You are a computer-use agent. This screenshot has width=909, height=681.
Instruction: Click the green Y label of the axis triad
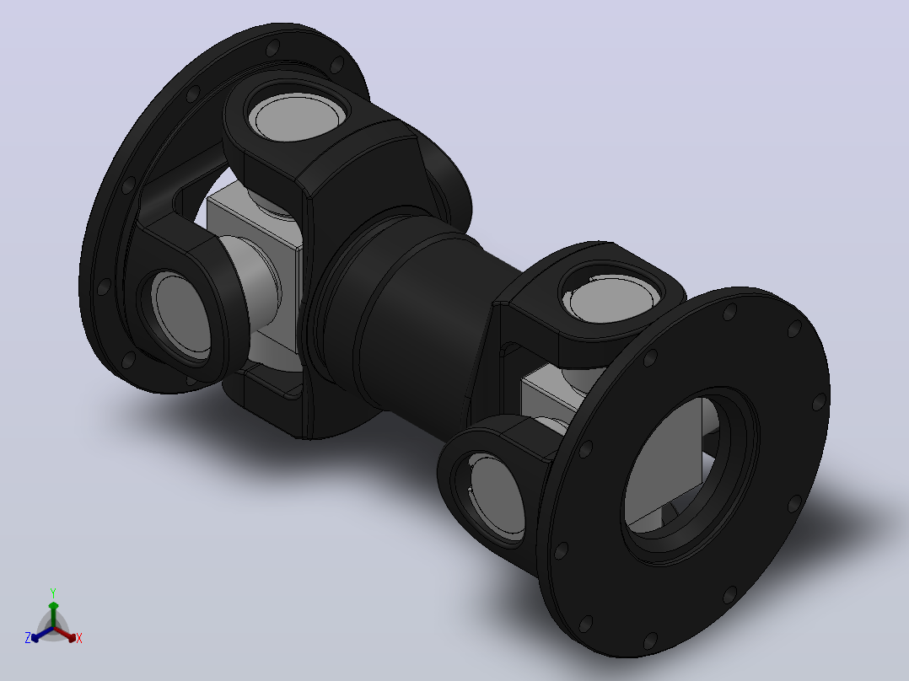[x=53, y=593]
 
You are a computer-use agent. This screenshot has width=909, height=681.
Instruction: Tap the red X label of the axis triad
[x=79, y=638]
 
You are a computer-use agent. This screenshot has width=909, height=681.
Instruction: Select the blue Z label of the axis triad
[x=28, y=637]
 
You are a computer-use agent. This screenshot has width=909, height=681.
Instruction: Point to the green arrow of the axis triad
[x=53, y=614]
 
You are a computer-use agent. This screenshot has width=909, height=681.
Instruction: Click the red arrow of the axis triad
[x=65, y=634]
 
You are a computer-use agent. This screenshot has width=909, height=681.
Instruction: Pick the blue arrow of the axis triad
[x=42, y=634]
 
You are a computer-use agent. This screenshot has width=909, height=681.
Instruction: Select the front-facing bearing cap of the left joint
[x=181, y=314]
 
